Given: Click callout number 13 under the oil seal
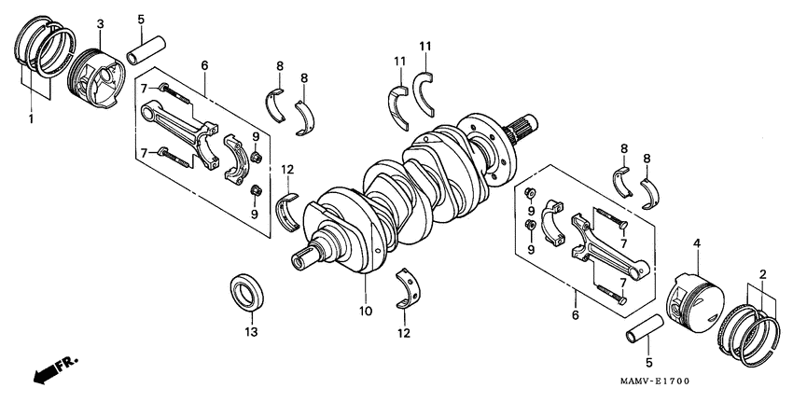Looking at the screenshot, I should [250, 331].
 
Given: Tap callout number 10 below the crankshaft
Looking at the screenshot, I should [365, 310].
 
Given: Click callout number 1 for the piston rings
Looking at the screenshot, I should [30, 119].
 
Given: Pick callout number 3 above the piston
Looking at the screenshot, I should [101, 22].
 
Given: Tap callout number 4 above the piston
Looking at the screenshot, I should [695, 244].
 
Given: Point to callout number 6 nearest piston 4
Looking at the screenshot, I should [577, 317].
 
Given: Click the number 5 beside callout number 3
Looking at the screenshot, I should [140, 19].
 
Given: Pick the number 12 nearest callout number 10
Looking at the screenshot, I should [404, 332].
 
